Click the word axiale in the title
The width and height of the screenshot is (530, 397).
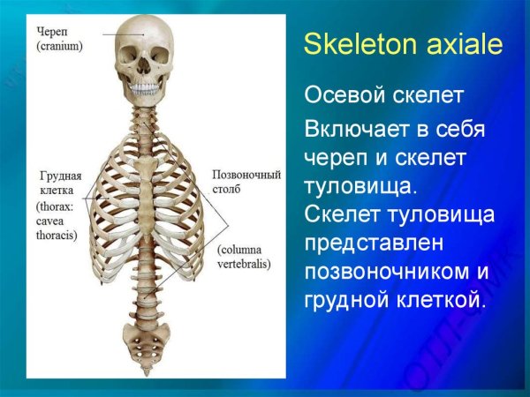pos(458,46)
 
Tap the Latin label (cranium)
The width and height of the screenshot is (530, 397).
pos(59,46)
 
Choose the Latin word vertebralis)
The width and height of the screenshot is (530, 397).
pos(243,264)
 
